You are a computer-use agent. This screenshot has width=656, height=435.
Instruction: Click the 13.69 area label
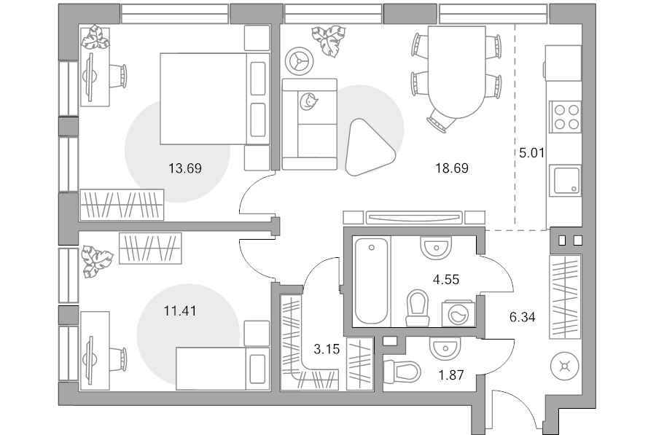pos(185,168)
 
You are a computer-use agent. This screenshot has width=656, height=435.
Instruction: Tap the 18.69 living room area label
pos(452,168)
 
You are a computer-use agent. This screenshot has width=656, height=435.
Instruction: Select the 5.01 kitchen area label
pos(532,153)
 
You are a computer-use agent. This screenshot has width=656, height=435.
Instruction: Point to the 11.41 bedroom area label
pos(180,311)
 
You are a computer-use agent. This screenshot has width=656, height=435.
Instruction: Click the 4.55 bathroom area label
pos(446,279)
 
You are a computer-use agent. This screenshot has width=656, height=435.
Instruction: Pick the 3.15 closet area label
pos(327,349)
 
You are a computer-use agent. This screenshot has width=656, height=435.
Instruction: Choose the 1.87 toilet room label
pos(451,375)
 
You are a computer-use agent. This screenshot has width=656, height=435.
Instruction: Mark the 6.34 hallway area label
pos(522,317)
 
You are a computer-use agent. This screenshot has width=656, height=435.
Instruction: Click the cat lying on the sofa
pos(309,101)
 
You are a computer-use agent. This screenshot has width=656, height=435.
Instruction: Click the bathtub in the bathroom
pos(372,281)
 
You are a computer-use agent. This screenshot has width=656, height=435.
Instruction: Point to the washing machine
pos(458,313)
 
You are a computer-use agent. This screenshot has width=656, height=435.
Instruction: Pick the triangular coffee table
pos(368,148)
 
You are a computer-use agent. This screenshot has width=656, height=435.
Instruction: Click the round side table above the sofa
pos(299,61)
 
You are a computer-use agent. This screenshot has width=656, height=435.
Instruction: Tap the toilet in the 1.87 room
pos(402,372)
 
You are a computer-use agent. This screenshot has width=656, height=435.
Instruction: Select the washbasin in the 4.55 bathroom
pos(436,248)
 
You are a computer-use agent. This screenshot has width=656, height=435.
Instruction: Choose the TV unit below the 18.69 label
pos(414,217)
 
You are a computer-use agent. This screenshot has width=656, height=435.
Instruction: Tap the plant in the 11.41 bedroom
pos(96,262)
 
